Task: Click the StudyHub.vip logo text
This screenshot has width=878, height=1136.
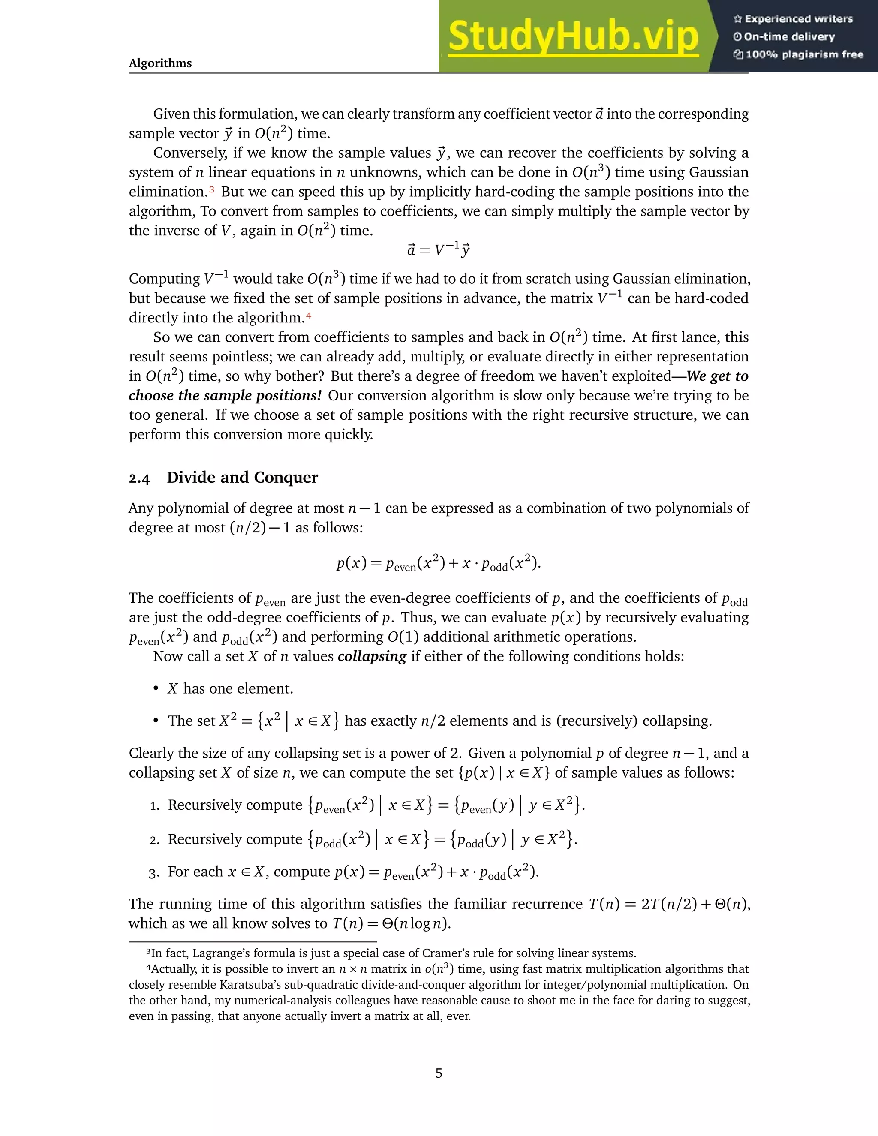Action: [573, 36]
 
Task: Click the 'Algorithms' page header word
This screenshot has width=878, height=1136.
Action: [160, 63]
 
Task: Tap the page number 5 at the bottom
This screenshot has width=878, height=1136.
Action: [439, 1073]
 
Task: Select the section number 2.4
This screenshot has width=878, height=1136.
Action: [139, 478]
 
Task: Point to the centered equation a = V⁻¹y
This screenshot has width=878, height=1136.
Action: [439, 251]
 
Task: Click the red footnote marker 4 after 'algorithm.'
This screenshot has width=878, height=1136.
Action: [308, 315]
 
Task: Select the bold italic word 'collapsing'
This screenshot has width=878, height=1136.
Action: [371, 656]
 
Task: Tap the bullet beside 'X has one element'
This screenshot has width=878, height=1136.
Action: [156, 689]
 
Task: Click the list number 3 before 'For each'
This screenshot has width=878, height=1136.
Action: [154, 873]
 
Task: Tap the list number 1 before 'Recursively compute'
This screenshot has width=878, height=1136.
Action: [154, 806]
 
